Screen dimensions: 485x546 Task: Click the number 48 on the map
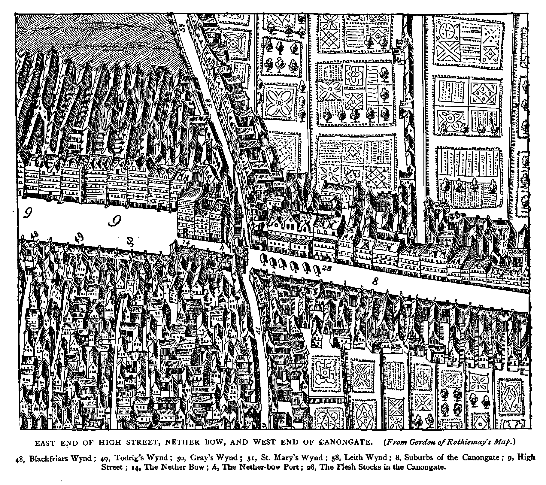(x=35, y=235)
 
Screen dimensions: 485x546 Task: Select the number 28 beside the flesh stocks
(x=326, y=268)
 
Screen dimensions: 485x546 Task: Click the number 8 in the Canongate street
(x=375, y=281)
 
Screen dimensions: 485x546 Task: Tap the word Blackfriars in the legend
(x=48, y=458)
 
